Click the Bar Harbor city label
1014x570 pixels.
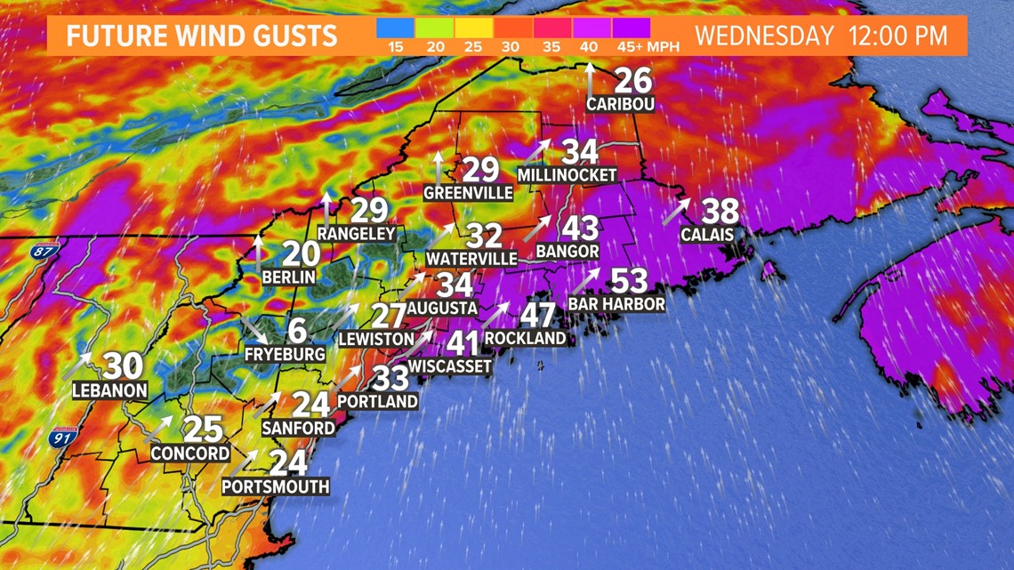(616, 304)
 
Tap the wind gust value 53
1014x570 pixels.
(628, 282)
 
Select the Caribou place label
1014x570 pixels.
(620, 104)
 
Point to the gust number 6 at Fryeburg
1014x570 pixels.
(297, 331)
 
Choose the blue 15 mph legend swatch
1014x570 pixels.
(395, 28)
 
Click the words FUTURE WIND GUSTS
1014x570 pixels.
(201, 36)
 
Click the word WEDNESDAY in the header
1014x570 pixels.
(764, 36)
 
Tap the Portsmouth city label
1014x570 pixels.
(275, 486)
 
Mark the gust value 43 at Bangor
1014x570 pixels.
(579, 229)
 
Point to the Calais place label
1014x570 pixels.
(706, 235)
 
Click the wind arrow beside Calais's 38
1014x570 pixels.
(676, 211)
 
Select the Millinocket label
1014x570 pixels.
(567, 175)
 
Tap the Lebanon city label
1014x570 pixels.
(109, 389)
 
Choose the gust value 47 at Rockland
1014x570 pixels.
(537, 315)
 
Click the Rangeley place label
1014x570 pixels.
(356, 233)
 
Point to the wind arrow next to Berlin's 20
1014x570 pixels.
(258, 253)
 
